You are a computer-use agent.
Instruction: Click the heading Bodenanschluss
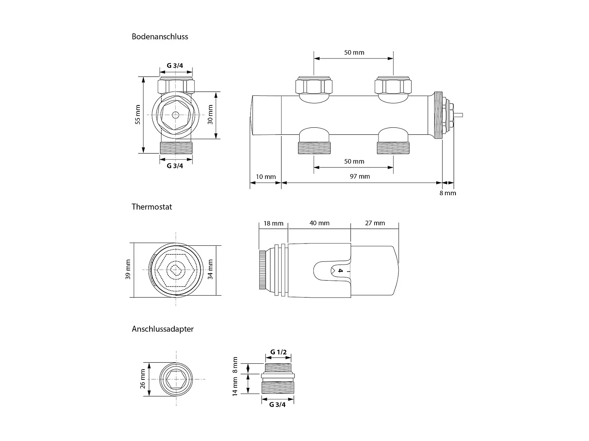pos(160,37)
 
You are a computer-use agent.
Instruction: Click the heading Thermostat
pos(152,207)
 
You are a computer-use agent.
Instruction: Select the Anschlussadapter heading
pos(163,329)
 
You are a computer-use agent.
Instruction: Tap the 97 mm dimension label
pos(360,176)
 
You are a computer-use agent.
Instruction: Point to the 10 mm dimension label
pos(266,177)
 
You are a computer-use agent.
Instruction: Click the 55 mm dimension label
pos(137,115)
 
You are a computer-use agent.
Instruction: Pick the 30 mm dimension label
pos(210,115)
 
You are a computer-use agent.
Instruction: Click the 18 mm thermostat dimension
pos(273,223)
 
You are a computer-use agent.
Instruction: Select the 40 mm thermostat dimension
pos(319,223)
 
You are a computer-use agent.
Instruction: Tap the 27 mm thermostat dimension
pos(375,223)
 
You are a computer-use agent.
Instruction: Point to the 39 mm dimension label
pos(128,270)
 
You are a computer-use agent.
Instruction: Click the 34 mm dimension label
pos(210,269)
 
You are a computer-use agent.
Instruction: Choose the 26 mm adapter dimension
pos(143,379)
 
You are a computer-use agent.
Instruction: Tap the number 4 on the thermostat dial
pos(340,271)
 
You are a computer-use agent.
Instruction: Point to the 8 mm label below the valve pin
pos(448,193)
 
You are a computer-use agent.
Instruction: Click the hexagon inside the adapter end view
pos(176,379)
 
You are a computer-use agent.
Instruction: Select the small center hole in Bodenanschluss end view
pos(176,115)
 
